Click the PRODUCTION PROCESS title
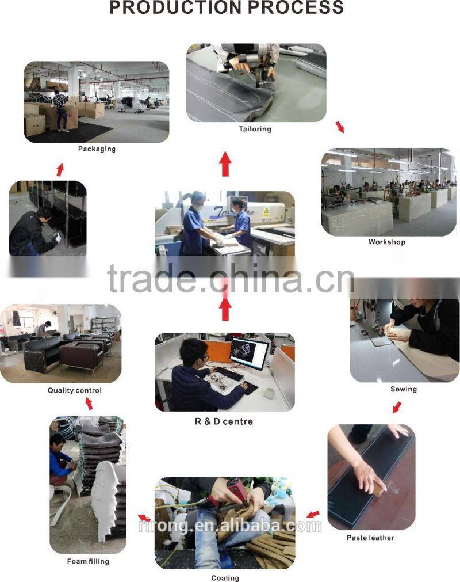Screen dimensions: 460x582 pos(227,7)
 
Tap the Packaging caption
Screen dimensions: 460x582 pos(97,149)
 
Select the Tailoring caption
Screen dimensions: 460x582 pos(255,129)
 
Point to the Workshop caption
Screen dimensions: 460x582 pos(386,242)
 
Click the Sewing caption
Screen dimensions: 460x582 pos(403,389)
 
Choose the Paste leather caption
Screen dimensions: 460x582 pos(370,538)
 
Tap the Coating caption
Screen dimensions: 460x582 pos(225,577)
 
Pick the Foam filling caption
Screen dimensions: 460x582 pos(88,561)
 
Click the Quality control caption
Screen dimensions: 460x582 pos(75,390)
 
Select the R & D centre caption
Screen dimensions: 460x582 pos(224,421)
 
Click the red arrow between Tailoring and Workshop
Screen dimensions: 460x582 pos(340,127)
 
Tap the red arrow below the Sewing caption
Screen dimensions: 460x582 pos(397,407)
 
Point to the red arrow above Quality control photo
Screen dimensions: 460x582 pos(89,404)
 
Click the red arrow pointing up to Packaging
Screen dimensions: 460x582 pos(60,170)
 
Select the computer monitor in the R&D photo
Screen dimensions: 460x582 pos(249,353)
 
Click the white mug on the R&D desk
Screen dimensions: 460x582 pos(269,393)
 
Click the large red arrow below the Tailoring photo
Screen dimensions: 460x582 pos(225,165)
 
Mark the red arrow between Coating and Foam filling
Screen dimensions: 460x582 pos(144,518)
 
